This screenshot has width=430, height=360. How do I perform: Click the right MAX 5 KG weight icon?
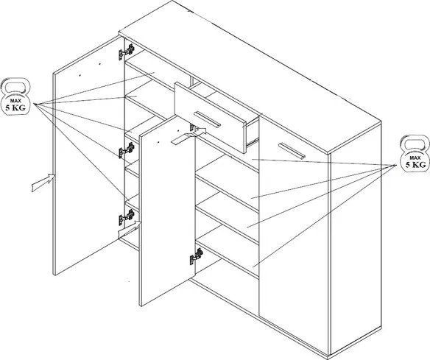pyautogui.click(x=415, y=154)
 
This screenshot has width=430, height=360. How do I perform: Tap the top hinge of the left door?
pyautogui.click(x=127, y=52)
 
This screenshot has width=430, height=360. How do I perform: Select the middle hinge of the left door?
pyautogui.click(x=127, y=150)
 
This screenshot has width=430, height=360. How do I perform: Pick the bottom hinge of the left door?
pyautogui.click(x=127, y=217)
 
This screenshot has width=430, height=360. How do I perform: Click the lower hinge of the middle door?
pyautogui.click(x=197, y=256)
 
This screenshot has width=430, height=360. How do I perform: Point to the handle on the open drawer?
pyautogui.click(x=207, y=119)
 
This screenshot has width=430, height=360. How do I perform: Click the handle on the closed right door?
pyautogui.click(x=292, y=150)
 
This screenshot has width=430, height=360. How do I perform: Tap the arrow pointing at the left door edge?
pyautogui.click(x=44, y=183)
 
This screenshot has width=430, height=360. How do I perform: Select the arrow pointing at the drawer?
pyautogui.click(x=188, y=136)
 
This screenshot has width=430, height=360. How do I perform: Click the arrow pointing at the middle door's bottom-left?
pyautogui.click(x=130, y=230)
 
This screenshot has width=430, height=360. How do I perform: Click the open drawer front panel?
pyautogui.click(x=211, y=117)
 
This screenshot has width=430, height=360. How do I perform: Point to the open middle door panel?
pyautogui.click(x=167, y=211)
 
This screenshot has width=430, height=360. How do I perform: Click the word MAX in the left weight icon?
pyautogui.click(x=15, y=101)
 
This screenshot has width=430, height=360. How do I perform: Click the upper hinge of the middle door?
pyautogui.click(x=194, y=127)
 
